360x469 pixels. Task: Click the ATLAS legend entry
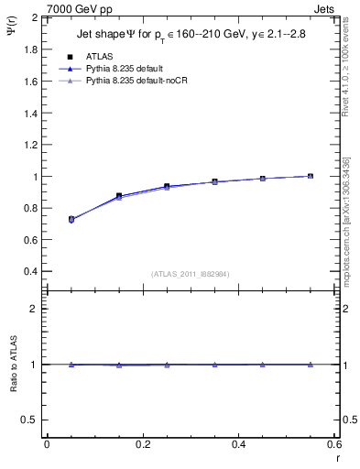click(x=100, y=56)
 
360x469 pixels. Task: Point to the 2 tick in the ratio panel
click(x=35, y=309)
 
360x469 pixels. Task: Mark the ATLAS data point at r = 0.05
click(x=71, y=219)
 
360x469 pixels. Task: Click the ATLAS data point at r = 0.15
click(x=119, y=196)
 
